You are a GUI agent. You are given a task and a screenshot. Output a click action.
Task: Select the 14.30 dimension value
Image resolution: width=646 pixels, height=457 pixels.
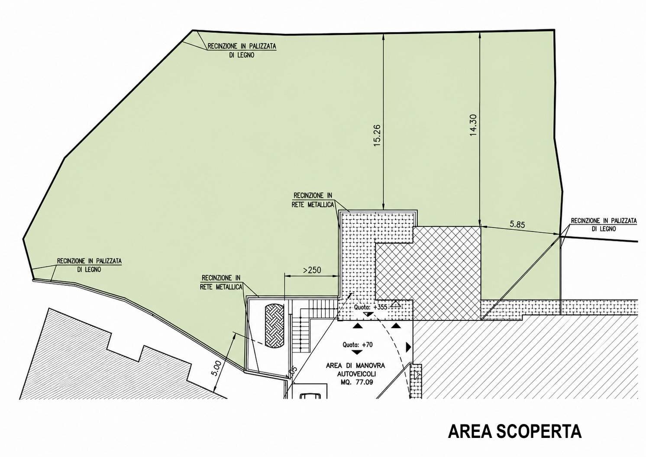click(473, 125)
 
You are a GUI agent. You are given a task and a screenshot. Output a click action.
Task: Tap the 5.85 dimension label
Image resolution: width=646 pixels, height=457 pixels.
click(517, 225)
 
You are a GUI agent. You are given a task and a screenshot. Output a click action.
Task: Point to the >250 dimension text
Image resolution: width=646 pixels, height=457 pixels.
click(312, 270)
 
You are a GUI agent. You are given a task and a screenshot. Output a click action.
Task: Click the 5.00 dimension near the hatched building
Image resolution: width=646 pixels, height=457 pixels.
click(217, 368)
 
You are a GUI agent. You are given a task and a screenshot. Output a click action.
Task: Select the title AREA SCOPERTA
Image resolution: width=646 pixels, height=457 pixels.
click(515, 431)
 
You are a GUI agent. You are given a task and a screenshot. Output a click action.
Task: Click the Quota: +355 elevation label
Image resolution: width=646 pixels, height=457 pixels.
click(370, 307)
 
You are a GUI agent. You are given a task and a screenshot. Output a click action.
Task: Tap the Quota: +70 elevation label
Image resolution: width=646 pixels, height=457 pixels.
click(358, 345)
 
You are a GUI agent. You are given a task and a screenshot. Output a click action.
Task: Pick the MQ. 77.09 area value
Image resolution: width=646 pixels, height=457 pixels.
click(357, 382)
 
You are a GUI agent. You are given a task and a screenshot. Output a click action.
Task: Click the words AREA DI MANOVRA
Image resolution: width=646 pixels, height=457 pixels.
click(355, 366)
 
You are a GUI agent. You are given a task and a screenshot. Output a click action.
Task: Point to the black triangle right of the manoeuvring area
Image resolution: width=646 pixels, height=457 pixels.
click(408, 347)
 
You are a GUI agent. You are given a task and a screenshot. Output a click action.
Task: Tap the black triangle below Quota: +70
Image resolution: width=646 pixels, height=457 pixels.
click(357, 353)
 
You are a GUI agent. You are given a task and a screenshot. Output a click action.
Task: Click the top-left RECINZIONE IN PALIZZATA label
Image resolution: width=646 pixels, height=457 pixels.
click(242, 50)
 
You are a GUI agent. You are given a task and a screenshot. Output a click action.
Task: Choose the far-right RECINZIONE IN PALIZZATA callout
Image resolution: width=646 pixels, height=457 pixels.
click(604, 225)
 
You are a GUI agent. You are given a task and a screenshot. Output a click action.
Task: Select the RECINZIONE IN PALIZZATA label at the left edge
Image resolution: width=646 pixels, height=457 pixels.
click(89, 265)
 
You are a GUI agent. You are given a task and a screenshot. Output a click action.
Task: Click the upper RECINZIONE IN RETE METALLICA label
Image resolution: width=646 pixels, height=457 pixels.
click(313, 200)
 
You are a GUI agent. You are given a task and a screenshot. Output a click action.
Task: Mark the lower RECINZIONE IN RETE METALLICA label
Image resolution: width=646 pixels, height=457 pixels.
click(221, 282)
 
